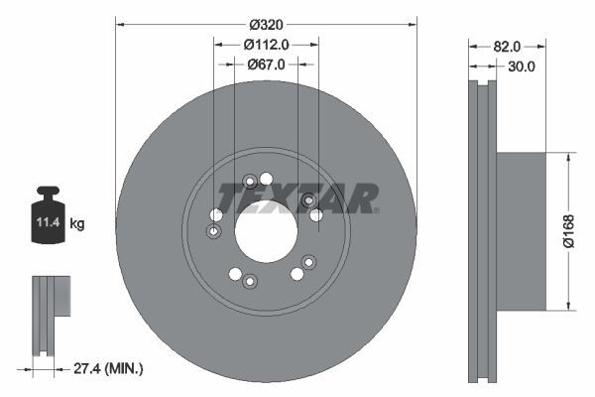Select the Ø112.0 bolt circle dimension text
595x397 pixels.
coord(266,44)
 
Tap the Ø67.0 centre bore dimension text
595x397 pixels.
coord(266,65)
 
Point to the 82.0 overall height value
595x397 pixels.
coord(507,46)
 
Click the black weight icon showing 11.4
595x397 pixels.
coord(47,210)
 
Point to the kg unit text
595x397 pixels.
coord(77,224)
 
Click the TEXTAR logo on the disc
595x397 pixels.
coord(297,198)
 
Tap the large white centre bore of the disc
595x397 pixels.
coord(266,231)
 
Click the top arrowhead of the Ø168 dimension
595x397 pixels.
coord(567,157)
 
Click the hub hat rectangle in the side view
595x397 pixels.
coord(520,230)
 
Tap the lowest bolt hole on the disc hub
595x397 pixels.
coord(250,282)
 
